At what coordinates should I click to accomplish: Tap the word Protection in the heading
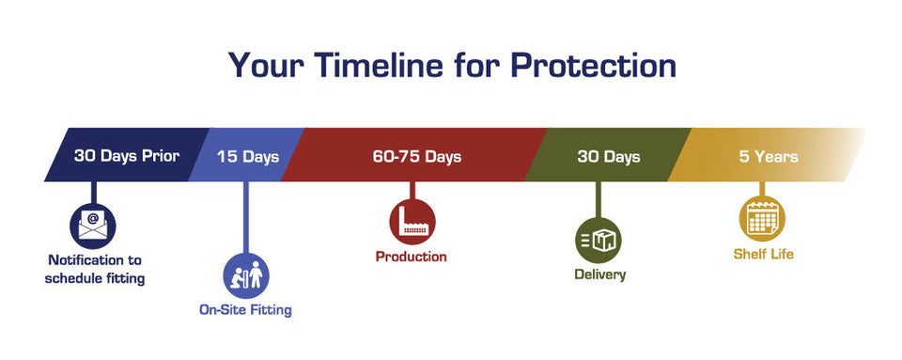click(593, 65)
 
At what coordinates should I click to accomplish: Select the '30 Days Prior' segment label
click(127, 156)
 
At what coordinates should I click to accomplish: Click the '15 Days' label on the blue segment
click(248, 156)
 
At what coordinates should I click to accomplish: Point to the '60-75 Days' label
click(417, 156)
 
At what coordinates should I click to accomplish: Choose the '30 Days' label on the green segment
click(609, 156)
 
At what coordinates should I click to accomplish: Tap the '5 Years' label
click(769, 156)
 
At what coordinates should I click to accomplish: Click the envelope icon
click(93, 226)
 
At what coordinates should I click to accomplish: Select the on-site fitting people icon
click(246, 275)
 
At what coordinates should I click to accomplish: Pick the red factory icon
click(412, 222)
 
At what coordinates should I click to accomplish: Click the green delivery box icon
click(599, 240)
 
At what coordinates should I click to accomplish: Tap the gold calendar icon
click(762, 218)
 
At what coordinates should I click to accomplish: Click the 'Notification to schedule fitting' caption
click(95, 270)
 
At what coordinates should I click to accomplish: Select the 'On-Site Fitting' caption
click(245, 310)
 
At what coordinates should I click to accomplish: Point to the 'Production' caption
click(412, 257)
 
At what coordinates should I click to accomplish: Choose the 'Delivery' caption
click(600, 274)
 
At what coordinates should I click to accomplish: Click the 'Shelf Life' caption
click(763, 254)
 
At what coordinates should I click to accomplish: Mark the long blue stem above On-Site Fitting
click(246, 217)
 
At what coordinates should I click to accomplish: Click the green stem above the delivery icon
click(599, 199)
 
